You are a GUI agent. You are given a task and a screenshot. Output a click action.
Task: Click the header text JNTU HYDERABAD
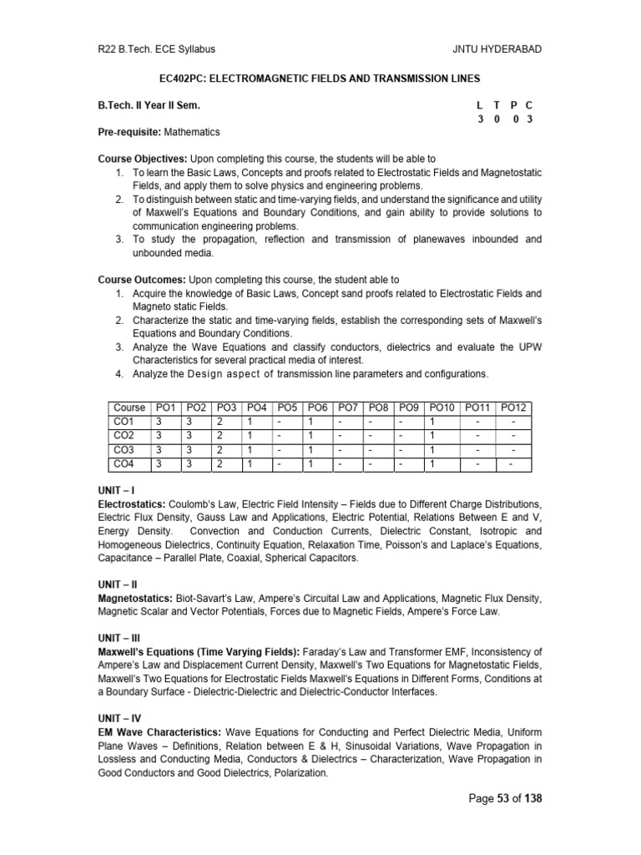(497, 49)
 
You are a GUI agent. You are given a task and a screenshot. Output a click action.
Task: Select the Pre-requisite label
(129, 132)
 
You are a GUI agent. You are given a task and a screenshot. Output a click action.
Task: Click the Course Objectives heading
(143, 159)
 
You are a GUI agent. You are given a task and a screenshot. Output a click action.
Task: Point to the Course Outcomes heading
(142, 279)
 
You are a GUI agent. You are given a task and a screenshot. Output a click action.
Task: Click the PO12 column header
(513, 407)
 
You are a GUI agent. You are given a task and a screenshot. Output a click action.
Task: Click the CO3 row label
(124, 449)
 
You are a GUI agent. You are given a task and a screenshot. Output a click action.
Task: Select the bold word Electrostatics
(132, 505)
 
